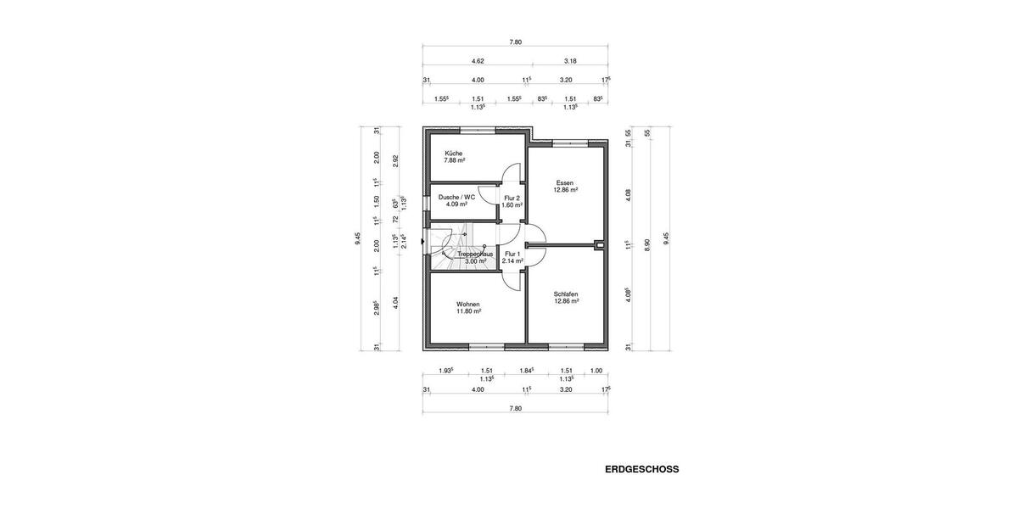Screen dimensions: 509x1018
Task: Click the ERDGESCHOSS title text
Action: click(x=641, y=468)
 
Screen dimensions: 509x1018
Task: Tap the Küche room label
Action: click(x=453, y=154)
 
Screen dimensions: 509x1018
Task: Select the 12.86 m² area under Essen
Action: click(x=566, y=190)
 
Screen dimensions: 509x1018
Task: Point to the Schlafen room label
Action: click(x=566, y=294)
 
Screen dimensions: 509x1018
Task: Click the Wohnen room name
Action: click(x=468, y=304)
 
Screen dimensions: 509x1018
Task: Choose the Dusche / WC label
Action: click(x=456, y=197)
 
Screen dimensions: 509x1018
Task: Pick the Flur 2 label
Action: click(x=512, y=198)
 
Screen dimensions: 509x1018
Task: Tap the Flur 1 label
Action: click(x=512, y=254)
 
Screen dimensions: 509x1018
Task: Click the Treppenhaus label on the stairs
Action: click(x=475, y=254)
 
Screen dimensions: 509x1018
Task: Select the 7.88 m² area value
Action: click(x=456, y=161)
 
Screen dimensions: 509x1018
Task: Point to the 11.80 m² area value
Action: click(x=468, y=311)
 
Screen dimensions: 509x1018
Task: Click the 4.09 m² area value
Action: click(x=456, y=204)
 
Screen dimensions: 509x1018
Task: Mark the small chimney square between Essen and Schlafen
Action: click(x=601, y=246)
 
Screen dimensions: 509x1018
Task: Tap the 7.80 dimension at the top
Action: click(x=515, y=42)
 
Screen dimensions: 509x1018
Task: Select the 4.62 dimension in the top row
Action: click(x=478, y=61)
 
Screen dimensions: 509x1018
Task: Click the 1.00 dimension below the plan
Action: click(x=596, y=370)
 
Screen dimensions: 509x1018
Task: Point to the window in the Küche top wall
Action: click(x=477, y=129)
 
